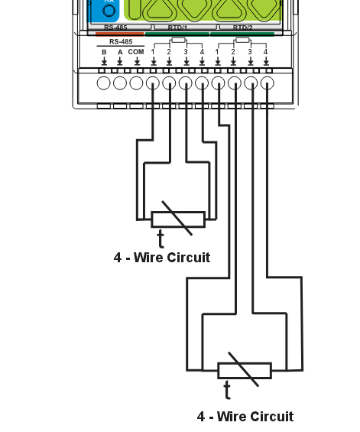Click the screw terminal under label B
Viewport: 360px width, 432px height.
104,83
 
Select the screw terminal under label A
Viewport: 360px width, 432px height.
120,83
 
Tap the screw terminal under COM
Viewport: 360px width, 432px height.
136,83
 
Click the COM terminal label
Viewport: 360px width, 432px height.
136,51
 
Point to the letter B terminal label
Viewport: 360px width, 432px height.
104,51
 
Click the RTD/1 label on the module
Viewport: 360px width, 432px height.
177,28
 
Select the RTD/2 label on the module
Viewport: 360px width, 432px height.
242,28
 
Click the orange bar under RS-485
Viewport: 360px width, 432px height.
119,33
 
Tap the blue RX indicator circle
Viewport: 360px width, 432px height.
109,11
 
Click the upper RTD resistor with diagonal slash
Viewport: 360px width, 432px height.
178,219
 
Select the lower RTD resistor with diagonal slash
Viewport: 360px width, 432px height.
244,370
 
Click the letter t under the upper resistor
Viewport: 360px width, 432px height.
161,239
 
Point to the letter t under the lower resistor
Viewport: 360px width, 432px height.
227,391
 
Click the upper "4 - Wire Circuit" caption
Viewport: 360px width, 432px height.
161,258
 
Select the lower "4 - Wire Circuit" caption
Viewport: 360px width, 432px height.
245,417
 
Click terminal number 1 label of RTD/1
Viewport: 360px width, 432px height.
153,51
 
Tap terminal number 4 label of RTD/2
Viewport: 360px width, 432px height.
266,51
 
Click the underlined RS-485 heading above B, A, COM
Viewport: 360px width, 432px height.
120,41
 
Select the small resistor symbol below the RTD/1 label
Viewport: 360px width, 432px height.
178,41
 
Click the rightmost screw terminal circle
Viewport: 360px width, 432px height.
267,83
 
